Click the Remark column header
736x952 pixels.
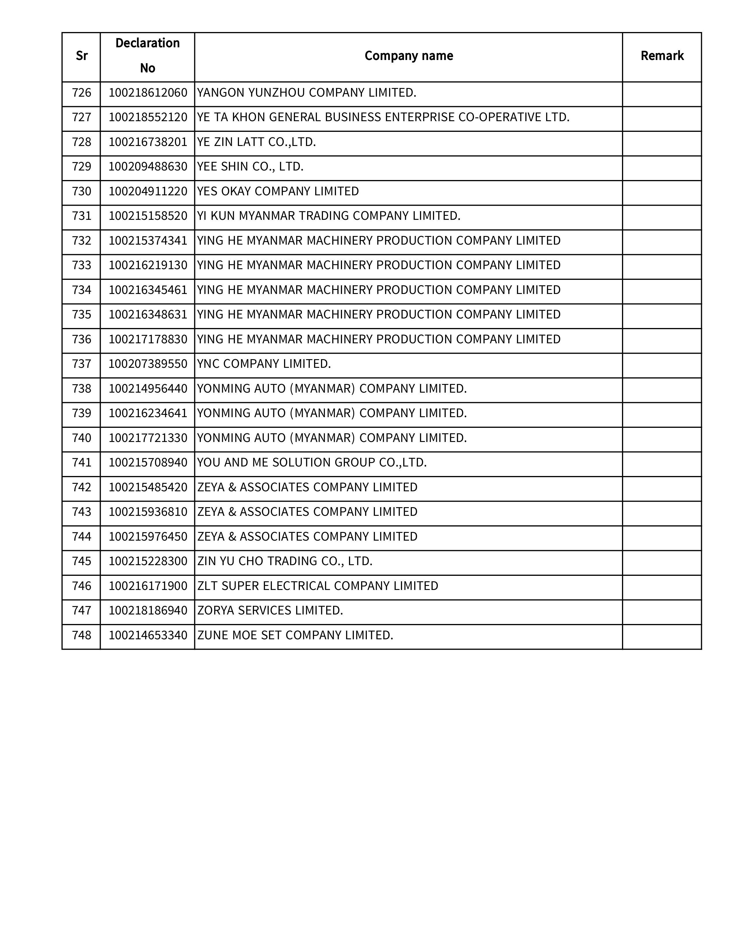tap(662, 56)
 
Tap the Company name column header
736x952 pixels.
tap(408, 56)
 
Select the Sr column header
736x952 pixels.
tap(81, 56)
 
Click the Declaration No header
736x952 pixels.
tap(147, 56)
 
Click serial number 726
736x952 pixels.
tap(81, 93)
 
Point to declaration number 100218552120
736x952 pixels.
tap(148, 117)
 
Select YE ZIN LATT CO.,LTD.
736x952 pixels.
tap(256, 142)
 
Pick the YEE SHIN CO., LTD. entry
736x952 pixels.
tap(250, 166)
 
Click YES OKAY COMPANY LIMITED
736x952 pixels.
tap(278, 191)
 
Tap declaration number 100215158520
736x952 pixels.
tap(148, 216)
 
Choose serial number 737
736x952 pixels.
tap(81, 364)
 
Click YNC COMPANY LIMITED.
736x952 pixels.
tap(264, 364)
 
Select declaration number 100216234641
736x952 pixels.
tap(148, 413)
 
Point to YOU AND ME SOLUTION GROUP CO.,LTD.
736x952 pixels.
tap(312, 462)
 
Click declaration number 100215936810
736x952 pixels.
tap(148, 512)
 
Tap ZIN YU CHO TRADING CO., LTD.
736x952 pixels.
tap(285, 561)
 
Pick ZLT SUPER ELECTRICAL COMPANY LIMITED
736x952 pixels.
tap(317, 586)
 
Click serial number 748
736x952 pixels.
tap(81, 635)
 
